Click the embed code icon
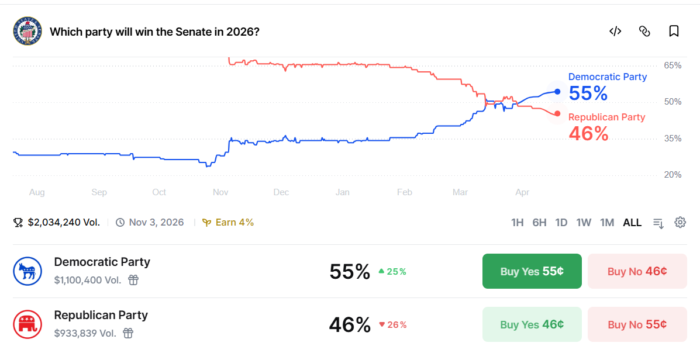615,31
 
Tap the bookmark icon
674,31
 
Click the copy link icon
644,31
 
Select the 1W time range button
584,223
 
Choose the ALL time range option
632,223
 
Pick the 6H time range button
539,223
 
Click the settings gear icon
680,222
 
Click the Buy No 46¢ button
637,271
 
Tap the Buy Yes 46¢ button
532,324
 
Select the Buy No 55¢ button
637,324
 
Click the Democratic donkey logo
27,271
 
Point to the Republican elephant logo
27,324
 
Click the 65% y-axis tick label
673,65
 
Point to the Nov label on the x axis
220,192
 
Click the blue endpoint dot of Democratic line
557,92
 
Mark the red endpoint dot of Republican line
557,114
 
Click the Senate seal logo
27,31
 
